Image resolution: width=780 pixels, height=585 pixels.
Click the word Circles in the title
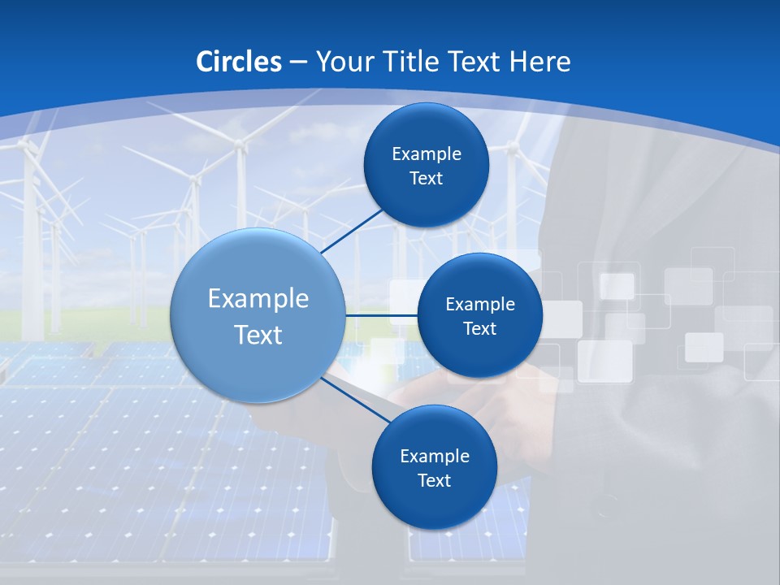238,62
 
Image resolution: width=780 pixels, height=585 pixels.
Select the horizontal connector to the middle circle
381,315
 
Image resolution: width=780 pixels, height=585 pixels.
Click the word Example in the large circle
258,299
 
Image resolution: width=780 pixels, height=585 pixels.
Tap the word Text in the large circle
258,335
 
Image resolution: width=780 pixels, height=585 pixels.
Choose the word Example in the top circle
426,154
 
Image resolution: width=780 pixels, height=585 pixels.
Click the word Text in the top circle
426,179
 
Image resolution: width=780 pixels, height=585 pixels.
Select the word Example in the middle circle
479,305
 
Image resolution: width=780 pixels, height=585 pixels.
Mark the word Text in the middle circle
479,329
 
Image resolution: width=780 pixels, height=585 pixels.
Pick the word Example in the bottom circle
434,457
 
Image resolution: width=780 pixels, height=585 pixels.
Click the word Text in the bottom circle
434,481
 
